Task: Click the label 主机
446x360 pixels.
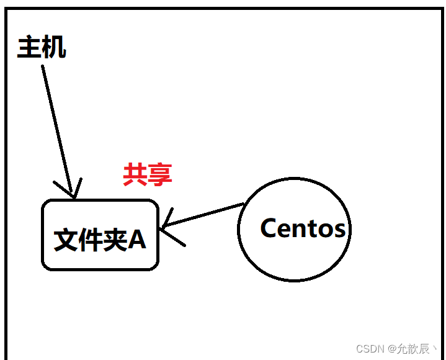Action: pos(42,48)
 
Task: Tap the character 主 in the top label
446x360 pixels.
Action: pos(29,48)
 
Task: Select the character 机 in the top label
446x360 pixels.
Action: pos(54,48)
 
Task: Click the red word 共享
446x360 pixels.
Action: pos(147,175)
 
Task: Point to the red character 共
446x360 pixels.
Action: pos(135,175)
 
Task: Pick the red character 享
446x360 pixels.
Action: pos(159,175)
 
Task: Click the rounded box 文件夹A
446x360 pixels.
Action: pos(100,235)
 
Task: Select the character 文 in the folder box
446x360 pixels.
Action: pos(66,240)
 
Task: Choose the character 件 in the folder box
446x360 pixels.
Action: pos(91,240)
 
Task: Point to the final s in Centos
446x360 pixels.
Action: pos(339,230)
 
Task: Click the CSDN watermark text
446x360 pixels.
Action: pos(370,349)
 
